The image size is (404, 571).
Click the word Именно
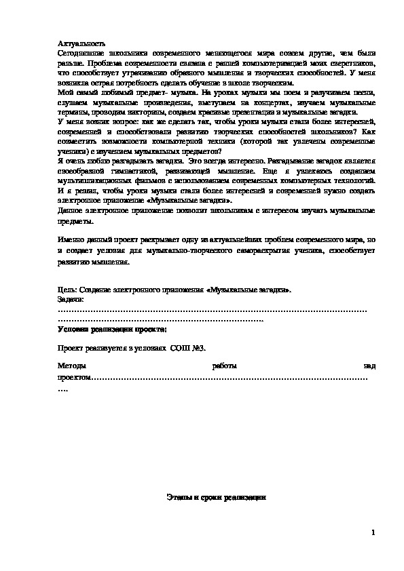(71, 241)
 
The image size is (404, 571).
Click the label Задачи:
(71, 299)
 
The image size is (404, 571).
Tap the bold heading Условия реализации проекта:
(113, 328)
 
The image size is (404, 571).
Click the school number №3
(198, 348)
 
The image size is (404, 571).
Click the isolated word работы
(223, 367)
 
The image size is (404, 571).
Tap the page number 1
(373, 532)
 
